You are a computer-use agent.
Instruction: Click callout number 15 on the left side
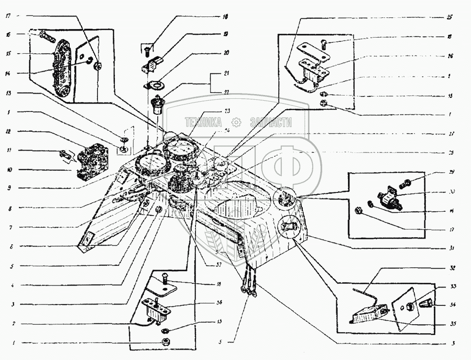8,53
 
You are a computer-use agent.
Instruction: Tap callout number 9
8,188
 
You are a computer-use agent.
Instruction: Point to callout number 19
226,34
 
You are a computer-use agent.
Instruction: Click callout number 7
8,227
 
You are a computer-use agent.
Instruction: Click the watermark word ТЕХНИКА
203,123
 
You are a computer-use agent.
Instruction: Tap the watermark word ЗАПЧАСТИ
271,123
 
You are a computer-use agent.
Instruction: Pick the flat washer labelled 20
154,85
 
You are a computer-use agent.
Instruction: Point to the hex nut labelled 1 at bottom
166,342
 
